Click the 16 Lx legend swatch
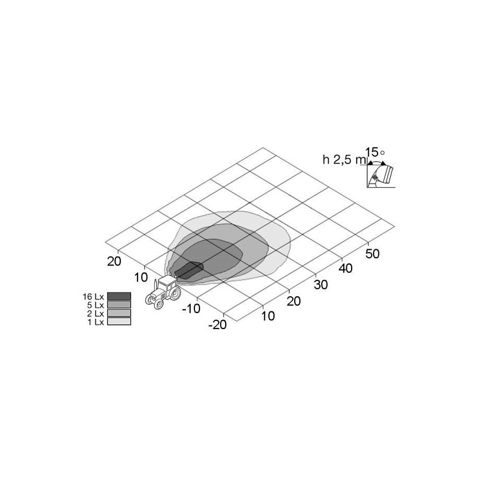pyautogui.click(x=119, y=296)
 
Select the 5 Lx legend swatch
pyautogui.click(x=119, y=304)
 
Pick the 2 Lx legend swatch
pyautogui.click(x=119, y=313)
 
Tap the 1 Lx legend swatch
pyautogui.click(x=119, y=321)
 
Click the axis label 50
pyautogui.click(x=372, y=254)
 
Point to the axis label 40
pyautogui.click(x=346, y=269)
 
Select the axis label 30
pyautogui.click(x=321, y=285)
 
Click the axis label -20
pyautogui.click(x=217, y=325)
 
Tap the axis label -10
pyautogui.click(x=191, y=309)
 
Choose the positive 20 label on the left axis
pyautogui.click(x=114, y=261)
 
